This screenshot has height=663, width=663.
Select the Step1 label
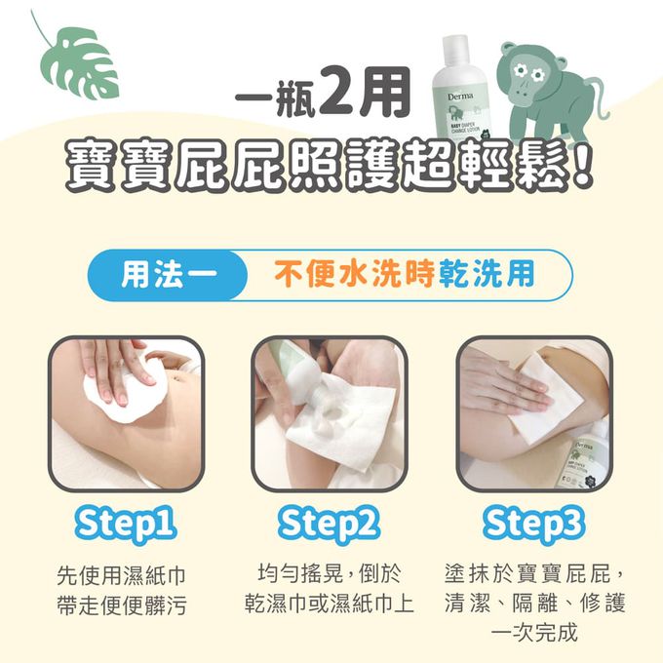[x=127, y=525]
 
